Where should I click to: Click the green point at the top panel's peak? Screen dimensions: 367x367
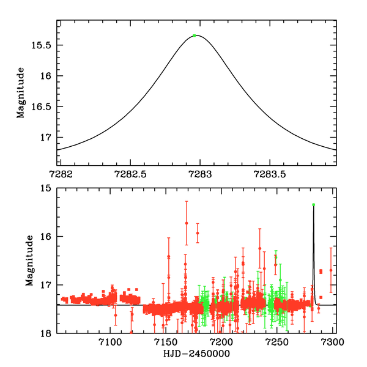click(x=194, y=35)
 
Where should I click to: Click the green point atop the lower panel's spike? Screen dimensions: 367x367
click(x=313, y=205)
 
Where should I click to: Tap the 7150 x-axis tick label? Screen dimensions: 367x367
click(x=165, y=343)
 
